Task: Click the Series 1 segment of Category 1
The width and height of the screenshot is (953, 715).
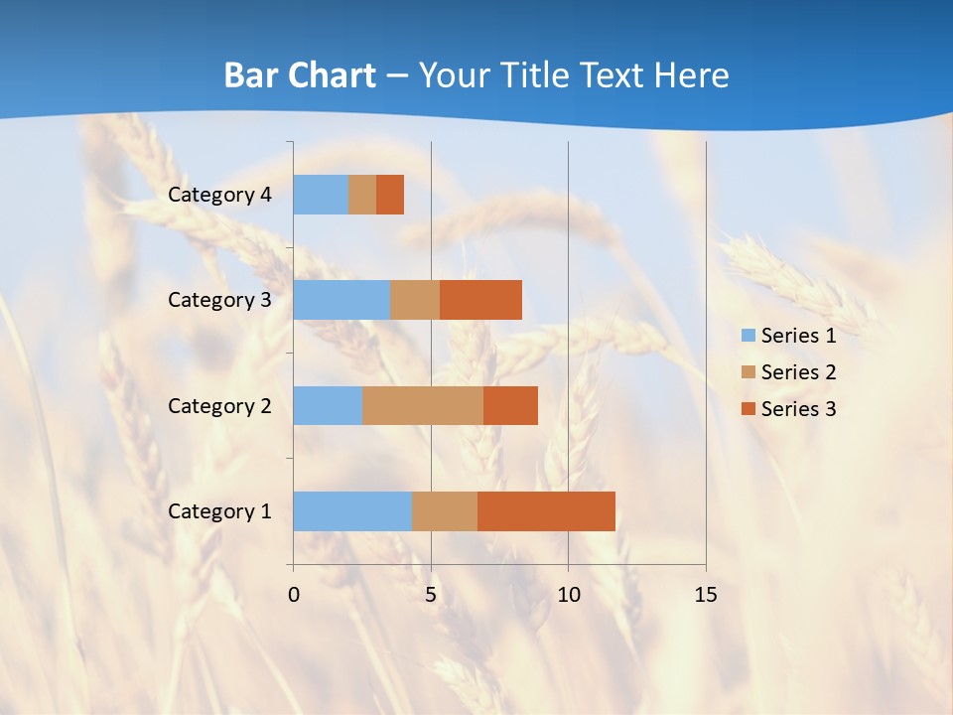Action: coord(352,511)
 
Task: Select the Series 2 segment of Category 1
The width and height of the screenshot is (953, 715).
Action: coord(445,511)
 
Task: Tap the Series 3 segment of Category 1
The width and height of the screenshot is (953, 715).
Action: coord(546,511)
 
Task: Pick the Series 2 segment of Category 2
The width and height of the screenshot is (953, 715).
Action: coord(423,405)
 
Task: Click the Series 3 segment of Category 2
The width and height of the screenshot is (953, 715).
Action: coord(510,405)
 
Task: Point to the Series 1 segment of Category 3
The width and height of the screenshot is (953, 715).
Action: coord(341,300)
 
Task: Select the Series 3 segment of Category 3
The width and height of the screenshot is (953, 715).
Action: coord(480,300)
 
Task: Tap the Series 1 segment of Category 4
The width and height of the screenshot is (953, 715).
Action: coord(321,195)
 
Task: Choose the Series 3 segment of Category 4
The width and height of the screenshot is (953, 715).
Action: coord(390,195)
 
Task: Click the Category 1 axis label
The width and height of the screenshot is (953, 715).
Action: coord(219,511)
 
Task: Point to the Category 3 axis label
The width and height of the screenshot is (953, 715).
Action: coord(219,300)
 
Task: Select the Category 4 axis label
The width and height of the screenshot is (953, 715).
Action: coord(219,195)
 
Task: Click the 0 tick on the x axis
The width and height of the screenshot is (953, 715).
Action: coord(294,595)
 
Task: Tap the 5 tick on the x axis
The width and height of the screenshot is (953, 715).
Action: coord(431,595)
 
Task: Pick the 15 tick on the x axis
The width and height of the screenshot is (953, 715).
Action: coord(706,595)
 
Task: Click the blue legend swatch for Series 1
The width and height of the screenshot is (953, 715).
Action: coord(748,336)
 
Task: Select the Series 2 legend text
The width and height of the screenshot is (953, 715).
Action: coord(798,372)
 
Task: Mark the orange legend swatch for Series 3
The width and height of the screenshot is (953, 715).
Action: coord(748,409)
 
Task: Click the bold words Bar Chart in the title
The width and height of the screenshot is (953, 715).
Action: coord(300,75)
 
